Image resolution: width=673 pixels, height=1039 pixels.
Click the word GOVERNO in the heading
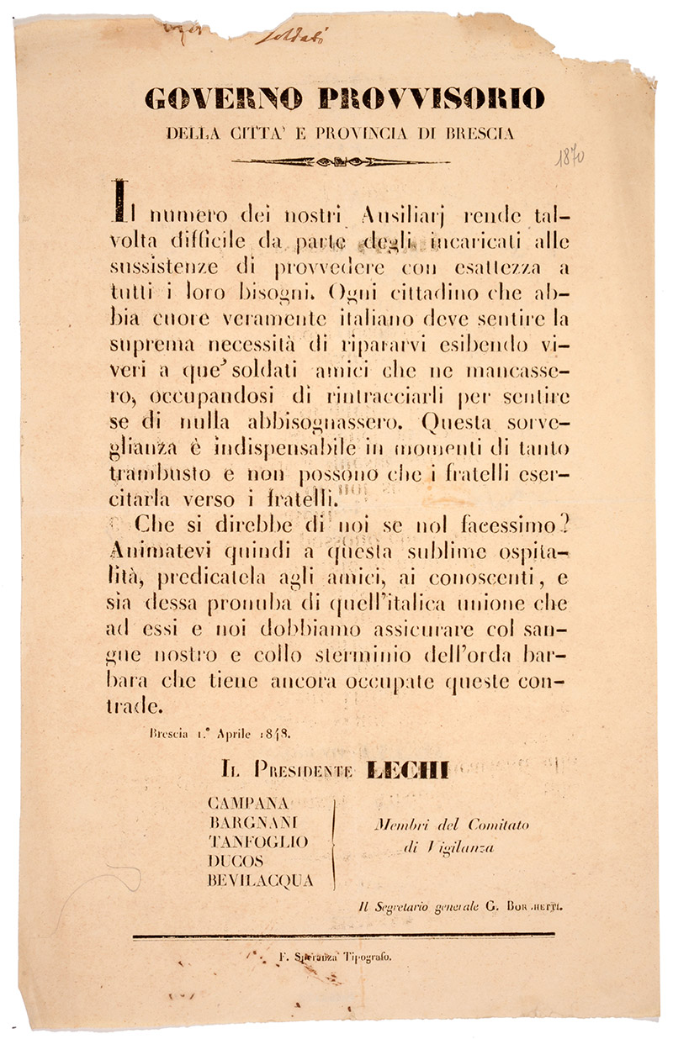pyautogui.click(x=223, y=100)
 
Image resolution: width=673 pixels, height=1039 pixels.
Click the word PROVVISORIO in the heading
pyautogui.click(x=432, y=100)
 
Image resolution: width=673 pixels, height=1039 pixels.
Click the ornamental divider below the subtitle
pyautogui.click(x=340, y=161)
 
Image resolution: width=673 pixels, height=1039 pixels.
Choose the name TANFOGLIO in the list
pyautogui.click(x=257, y=841)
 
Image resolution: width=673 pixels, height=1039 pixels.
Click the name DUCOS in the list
pyautogui.click(x=235, y=861)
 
